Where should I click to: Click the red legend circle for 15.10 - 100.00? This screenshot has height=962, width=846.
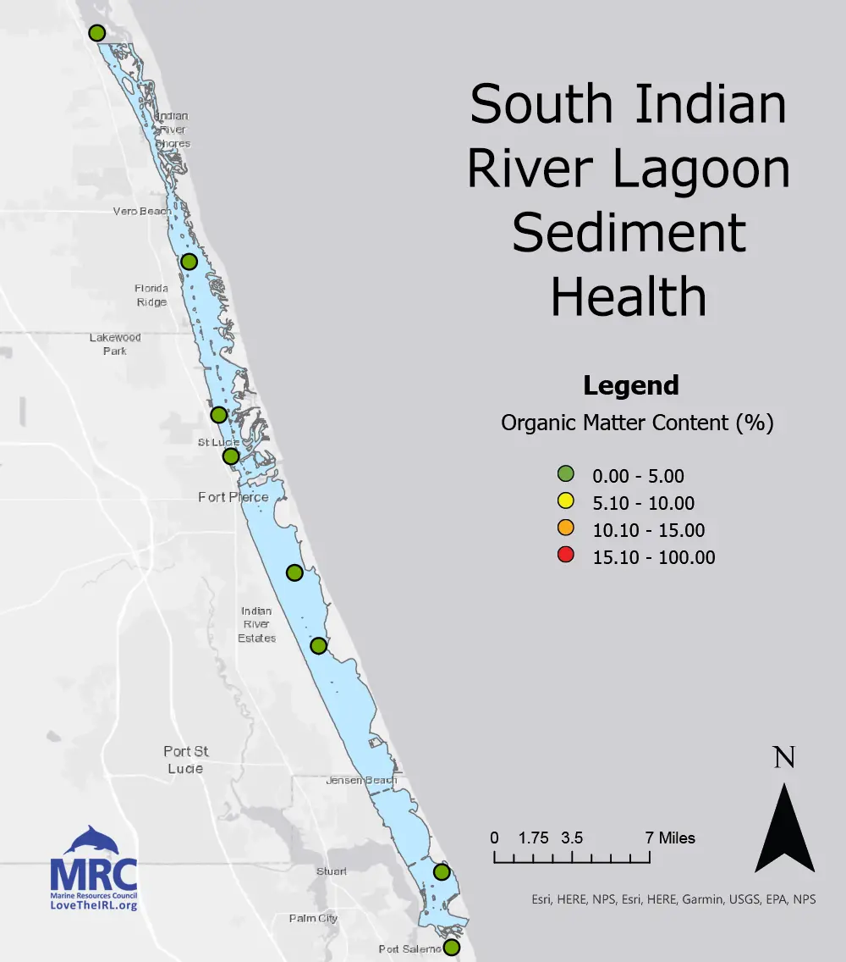tap(567, 556)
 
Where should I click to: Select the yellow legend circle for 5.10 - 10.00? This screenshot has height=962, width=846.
tap(567, 501)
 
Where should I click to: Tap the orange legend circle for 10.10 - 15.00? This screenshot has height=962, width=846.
tap(567, 528)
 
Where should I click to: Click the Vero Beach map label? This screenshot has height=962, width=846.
tap(142, 211)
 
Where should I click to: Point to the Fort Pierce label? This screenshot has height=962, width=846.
tap(233, 497)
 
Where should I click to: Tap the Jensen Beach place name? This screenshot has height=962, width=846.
tap(360, 780)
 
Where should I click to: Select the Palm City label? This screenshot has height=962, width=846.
tap(313, 918)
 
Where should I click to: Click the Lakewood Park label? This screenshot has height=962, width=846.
tap(115, 344)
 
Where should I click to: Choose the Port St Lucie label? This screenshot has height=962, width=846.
tap(186, 760)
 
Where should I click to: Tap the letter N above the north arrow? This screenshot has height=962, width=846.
tap(784, 757)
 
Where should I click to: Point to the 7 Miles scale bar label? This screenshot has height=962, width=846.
tap(670, 838)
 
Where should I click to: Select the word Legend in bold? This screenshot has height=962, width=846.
tap(631, 386)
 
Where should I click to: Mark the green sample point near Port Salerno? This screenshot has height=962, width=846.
tap(452, 947)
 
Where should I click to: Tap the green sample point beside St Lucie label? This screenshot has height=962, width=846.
tap(231, 456)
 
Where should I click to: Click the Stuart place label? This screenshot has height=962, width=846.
tap(331, 871)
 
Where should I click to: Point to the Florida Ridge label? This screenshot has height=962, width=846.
tap(152, 295)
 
